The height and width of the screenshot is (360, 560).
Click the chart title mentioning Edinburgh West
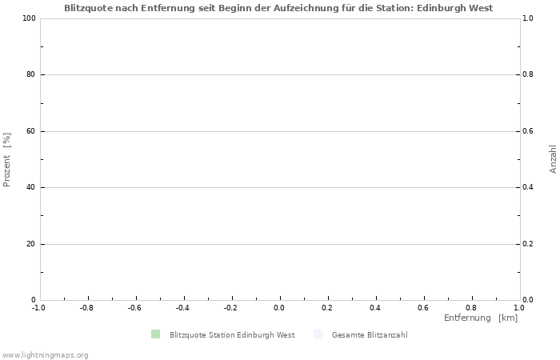[x=278, y=8]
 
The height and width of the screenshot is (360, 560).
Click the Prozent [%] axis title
[x=7, y=159]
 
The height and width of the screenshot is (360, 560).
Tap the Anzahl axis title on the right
[x=553, y=159]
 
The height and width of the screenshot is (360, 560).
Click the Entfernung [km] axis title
[x=481, y=318]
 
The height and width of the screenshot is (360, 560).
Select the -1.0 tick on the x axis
[x=38, y=307]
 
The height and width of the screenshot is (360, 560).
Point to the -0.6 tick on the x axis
[x=134, y=307]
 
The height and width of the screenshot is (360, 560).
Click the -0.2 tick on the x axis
[x=230, y=307]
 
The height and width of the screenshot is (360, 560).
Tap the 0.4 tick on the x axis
[x=375, y=307]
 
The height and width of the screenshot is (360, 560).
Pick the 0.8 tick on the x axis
[x=471, y=307]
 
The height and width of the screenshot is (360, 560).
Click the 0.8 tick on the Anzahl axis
[x=530, y=75]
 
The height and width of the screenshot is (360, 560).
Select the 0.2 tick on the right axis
[x=530, y=244]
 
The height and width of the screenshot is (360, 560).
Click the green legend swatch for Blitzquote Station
[x=155, y=334]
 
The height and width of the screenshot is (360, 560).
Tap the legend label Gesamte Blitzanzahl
[x=370, y=335]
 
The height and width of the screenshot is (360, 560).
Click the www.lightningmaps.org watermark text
[x=45, y=354]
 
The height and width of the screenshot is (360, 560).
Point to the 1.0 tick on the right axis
[x=530, y=18]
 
